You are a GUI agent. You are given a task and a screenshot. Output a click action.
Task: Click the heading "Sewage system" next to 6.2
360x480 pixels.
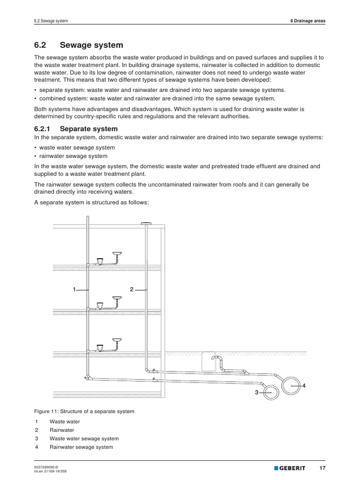click(x=91, y=45)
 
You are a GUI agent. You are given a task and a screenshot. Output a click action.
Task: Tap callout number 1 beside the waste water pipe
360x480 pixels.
click(x=74, y=290)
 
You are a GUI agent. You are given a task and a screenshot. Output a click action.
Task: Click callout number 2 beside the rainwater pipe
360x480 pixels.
click(x=132, y=290)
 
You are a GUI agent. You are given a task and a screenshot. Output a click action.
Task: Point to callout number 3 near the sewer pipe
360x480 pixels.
click(x=256, y=392)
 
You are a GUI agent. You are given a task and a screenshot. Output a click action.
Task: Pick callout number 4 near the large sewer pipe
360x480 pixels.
click(x=304, y=385)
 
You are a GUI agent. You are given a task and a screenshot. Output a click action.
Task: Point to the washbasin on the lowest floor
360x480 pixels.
click(x=117, y=340)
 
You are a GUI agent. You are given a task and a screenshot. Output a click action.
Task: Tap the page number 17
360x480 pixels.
click(x=322, y=468)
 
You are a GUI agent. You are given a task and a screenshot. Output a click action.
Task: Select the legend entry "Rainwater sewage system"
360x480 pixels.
click(x=81, y=447)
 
